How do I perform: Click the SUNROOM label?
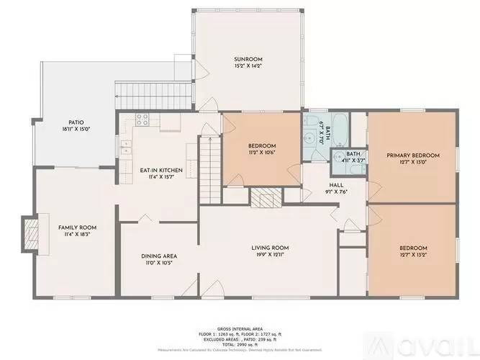click(x=248, y=59)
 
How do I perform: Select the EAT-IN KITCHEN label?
click(x=161, y=170)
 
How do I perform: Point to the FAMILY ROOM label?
click(x=78, y=227)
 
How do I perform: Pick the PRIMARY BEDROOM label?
click(x=413, y=155)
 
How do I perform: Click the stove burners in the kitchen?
click(x=142, y=118)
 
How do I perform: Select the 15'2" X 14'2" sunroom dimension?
click(x=248, y=66)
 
